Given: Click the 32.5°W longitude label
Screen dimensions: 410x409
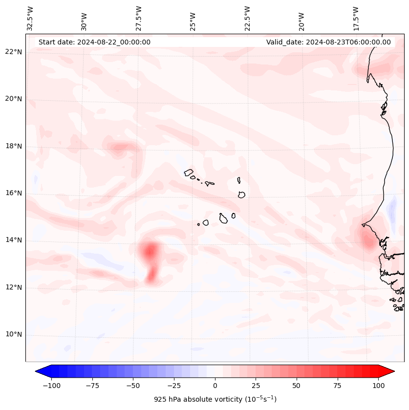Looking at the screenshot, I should [x=30, y=18].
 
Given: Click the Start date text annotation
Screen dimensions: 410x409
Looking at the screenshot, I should [x=94, y=42].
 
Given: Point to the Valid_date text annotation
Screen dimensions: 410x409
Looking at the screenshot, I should [x=328, y=42].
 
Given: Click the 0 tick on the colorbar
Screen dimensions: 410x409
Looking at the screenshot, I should [x=215, y=386].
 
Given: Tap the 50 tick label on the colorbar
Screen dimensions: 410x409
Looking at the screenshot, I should [x=297, y=386].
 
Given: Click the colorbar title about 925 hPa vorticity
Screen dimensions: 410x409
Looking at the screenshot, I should [x=215, y=399].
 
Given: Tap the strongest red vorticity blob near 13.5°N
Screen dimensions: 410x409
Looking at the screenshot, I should [x=150, y=251].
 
